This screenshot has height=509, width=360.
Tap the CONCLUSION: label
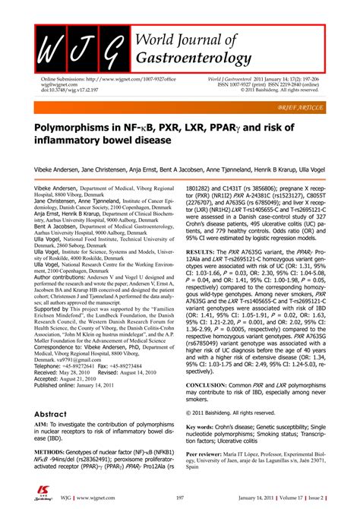pyautogui.click(x=213, y=384)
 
